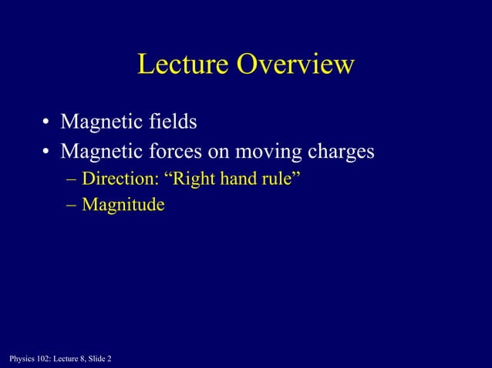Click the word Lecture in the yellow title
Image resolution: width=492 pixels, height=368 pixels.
(x=183, y=65)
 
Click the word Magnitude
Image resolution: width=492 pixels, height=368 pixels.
(x=123, y=206)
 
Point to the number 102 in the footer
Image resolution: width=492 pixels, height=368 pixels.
(x=42, y=358)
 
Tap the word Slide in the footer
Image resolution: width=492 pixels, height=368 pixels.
(x=94, y=358)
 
